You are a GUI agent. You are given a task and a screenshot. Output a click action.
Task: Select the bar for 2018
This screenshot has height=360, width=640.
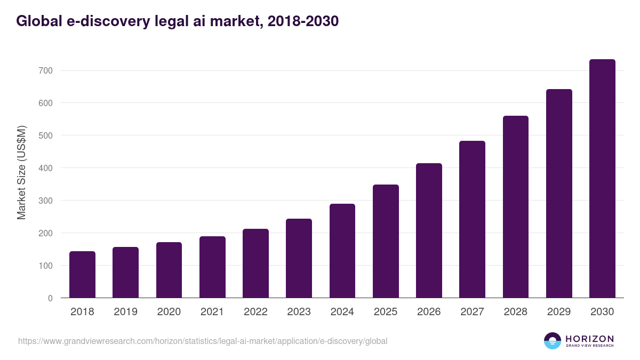pyautogui.click(x=82, y=275)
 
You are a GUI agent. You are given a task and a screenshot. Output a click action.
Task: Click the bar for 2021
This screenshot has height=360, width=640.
pyautogui.click(x=212, y=267)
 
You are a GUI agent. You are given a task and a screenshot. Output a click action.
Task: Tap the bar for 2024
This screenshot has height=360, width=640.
pyautogui.click(x=342, y=251)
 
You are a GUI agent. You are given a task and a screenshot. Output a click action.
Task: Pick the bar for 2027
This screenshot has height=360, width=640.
pyautogui.click(x=472, y=219)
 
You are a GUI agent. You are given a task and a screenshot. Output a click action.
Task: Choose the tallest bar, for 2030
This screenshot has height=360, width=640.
pyautogui.click(x=602, y=179)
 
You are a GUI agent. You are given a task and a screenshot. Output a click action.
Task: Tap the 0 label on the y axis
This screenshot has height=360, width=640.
pyautogui.click(x=50, y=298)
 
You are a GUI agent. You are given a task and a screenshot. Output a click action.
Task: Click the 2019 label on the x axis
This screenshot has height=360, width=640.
pyautogui.click(x=125, y=312)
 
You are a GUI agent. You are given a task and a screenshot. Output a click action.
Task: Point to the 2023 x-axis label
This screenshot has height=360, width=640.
pyautogui.click(x=299, y=312)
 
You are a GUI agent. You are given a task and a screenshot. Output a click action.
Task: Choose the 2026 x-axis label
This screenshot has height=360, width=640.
pyautogui.click(x=429, y=312)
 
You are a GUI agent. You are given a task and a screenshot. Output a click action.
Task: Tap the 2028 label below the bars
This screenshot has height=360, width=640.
pyautogui.click(x=515, y=312)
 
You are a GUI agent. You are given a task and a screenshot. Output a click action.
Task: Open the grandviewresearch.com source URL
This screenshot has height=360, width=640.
pyautogui.click(x=203, y=341)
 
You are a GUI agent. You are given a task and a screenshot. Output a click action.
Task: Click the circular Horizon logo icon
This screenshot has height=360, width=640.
pyautogui.click(x=553, y=341)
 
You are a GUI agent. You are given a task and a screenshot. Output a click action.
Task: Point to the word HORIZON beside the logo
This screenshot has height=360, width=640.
pyautogui.click(x=589, y=338)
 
